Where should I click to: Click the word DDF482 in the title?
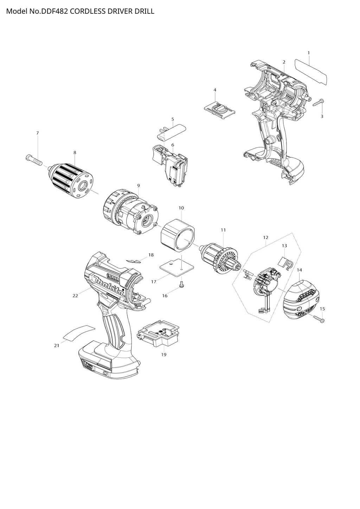[54, 11]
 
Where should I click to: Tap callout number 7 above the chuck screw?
[38, 133]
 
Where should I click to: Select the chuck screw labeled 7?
[34, 160]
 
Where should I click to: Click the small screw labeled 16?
[182, 284]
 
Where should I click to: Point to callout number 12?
[266, 238]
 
